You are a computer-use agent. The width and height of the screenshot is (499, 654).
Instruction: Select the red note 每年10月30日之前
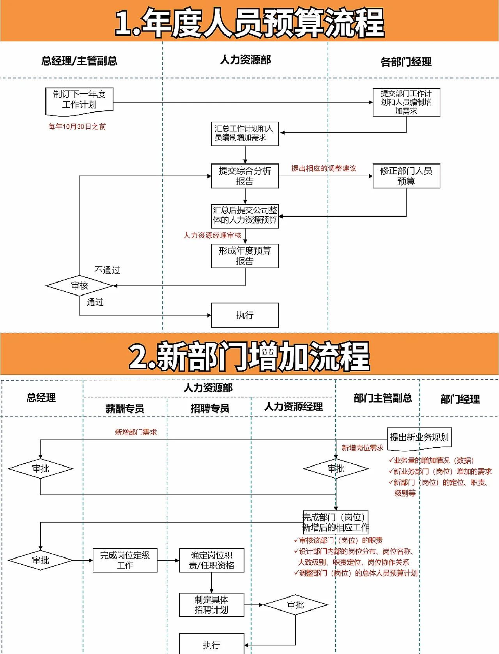coord(77,127)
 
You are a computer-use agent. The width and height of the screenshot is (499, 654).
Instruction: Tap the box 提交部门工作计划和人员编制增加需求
coord(406,102)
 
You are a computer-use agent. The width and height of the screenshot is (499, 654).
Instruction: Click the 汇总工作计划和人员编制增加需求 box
coord(244,134)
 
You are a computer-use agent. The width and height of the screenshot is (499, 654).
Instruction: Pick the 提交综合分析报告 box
coord(244,176)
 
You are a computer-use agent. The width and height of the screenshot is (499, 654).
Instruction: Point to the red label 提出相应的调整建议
coord(324,168)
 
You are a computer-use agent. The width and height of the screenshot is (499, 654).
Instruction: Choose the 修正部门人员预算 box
coord(406,176)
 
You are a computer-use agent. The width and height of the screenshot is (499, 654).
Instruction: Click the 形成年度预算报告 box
coord(244,256)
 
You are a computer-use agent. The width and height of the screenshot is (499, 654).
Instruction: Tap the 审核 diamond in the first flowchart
coord(80,286)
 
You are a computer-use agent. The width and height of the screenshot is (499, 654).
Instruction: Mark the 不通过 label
coord(107,270)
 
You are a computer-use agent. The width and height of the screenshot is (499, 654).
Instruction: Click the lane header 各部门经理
coord(406,62)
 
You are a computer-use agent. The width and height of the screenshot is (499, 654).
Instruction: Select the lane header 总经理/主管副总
coord(80,61)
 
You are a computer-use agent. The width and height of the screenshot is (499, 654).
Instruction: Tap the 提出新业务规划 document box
coord(419,438)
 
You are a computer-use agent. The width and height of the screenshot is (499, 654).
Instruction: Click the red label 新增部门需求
coord(136,432)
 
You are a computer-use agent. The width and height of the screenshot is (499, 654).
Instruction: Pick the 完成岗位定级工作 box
coord(125,560)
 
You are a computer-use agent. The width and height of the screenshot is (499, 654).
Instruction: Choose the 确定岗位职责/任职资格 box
coord(211,560)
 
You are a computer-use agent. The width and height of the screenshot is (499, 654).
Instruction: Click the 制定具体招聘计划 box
coord(211,605)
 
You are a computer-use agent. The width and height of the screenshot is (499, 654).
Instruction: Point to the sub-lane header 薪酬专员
coord(125,408)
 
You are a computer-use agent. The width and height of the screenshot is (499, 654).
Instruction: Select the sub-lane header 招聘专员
coord(210,408)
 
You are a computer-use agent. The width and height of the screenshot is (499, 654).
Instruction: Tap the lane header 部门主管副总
coord(382,398)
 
